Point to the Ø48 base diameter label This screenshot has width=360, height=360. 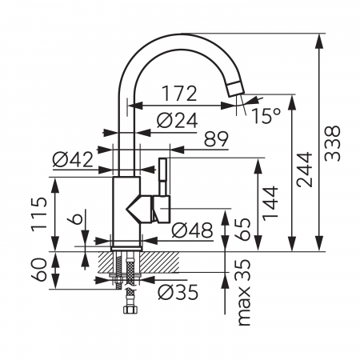pyautogui.click(x=190, y=230)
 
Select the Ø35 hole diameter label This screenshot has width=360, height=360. pyautogui.click(x=178, y=292)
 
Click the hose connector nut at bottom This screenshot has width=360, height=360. pyautogui.click(x=126, y=308)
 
